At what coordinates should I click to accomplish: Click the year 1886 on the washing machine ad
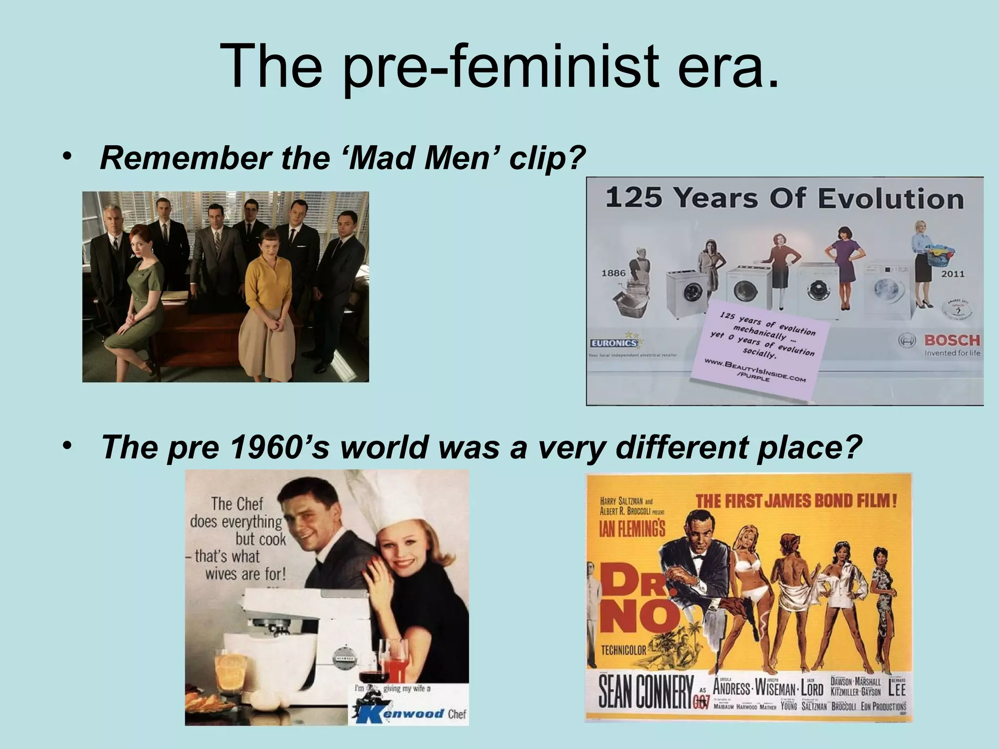613,273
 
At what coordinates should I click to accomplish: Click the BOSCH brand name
952,340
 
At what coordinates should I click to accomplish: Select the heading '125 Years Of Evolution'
784,198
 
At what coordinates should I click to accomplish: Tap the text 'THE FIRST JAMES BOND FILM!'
796,501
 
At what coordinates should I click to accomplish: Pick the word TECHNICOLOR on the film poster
623,650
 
